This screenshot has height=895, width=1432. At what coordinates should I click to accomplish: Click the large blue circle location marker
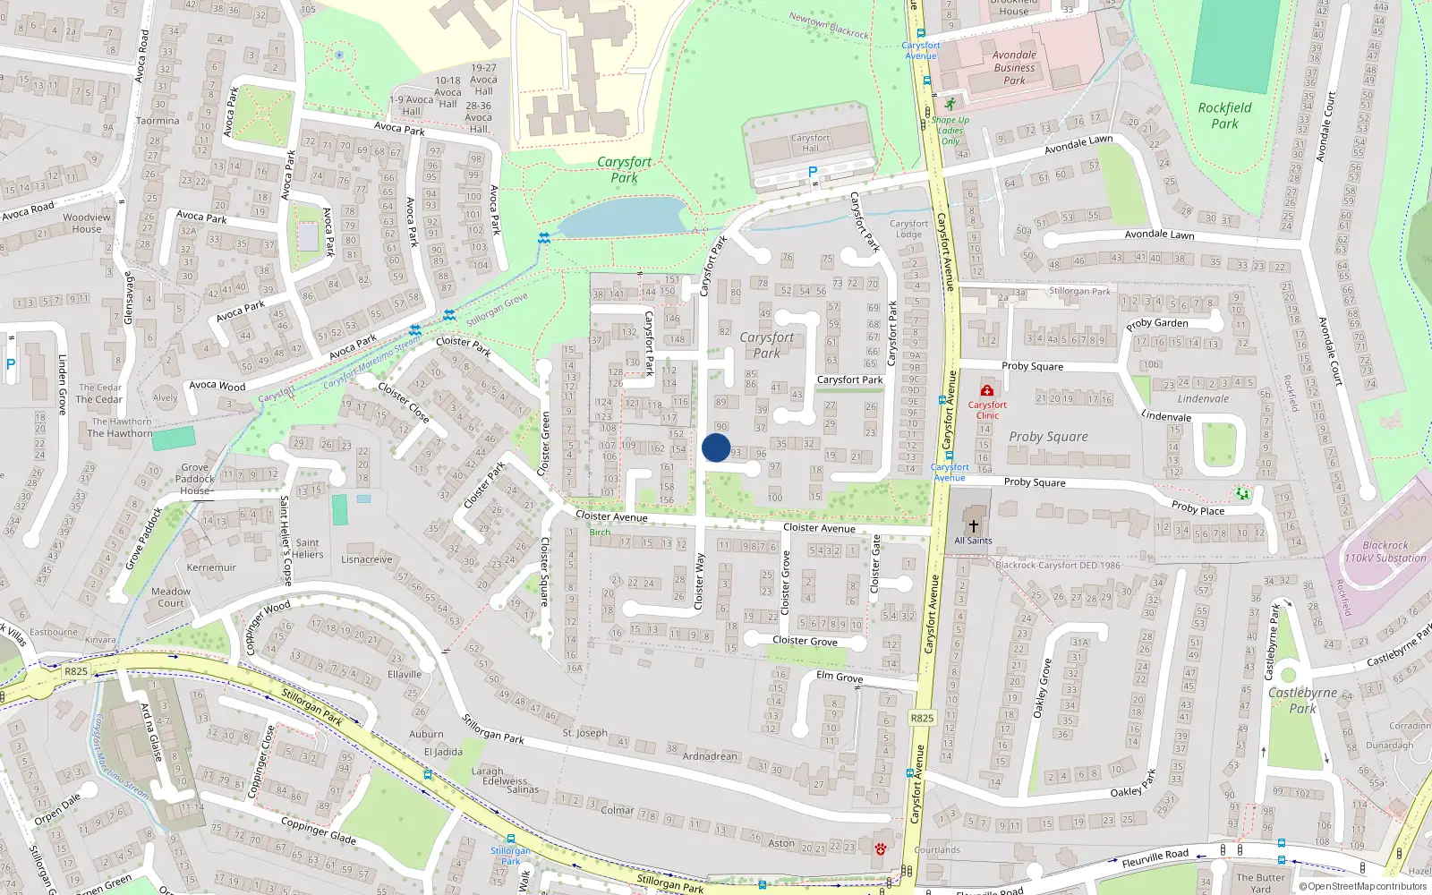tap(716, 447)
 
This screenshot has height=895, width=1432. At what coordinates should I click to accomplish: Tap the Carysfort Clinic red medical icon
tap(987, 391)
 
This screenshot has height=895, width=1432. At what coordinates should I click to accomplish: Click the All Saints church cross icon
tap(974, 526)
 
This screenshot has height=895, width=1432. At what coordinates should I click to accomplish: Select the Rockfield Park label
tap(1224, 115)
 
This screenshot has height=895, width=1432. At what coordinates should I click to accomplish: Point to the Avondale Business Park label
tap(1014, 68)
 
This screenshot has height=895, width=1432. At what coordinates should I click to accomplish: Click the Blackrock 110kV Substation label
tap(1385, 551)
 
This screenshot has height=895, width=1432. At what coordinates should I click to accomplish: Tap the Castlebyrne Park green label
tap(1302, 700)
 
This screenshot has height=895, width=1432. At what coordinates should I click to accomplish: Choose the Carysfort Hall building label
tap(810, 142)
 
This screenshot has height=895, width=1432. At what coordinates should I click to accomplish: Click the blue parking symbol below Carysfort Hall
tap(813, 171)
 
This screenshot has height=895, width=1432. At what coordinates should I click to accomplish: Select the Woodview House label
tap(87, 223)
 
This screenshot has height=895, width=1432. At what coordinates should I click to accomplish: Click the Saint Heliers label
tap(307, 549)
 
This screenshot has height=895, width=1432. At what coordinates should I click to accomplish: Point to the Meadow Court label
tap(171, 597)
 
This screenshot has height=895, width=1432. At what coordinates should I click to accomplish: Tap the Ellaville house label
tap(405, 674)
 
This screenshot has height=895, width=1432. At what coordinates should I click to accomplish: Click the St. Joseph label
tap(585, 733)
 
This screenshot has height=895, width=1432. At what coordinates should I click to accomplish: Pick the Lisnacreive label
tap(367, 559)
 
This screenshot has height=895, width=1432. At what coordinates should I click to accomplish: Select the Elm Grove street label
tap(840, 677)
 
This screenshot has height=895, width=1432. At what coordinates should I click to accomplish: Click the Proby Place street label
tap(1198, 507)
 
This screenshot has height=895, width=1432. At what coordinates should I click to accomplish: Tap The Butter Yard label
tap(1260, 882)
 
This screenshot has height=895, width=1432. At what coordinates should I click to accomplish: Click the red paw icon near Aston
tap(881, 848)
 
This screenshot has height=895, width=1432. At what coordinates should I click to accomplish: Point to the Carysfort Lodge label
tap(908, 229)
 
